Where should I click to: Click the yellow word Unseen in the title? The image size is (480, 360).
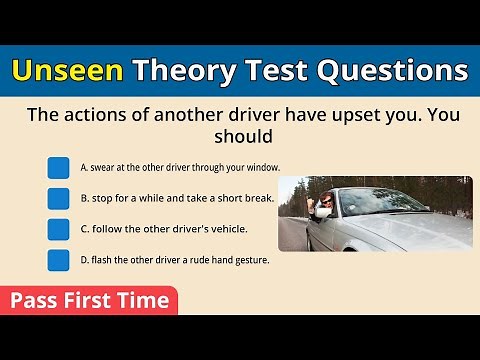tap(68, 71)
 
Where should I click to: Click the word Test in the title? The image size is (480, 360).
tap(281, 71)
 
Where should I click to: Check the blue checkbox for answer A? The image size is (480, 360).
tap(59, 167)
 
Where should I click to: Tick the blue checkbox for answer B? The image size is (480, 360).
tap(59, 198)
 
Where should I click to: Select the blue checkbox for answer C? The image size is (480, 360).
tap(59, 229)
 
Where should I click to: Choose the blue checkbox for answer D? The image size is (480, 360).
tap(59, 261)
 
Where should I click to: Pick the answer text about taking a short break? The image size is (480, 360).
tap(177, 198)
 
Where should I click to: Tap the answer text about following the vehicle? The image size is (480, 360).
tap(164, 229)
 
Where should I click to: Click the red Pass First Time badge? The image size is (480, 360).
tap(89, 301)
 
